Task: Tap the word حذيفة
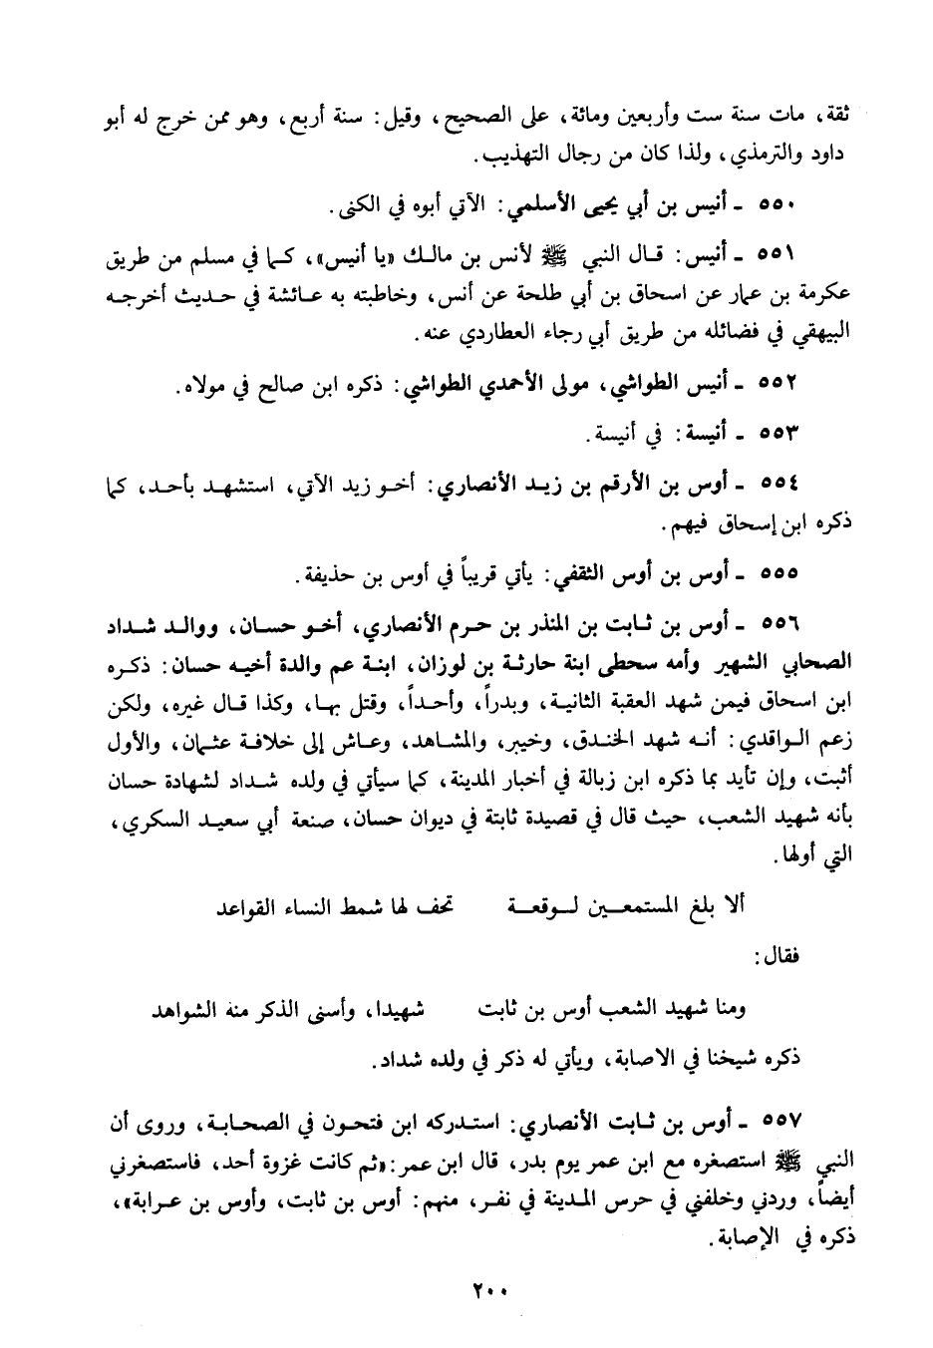(x=334, y=576)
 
